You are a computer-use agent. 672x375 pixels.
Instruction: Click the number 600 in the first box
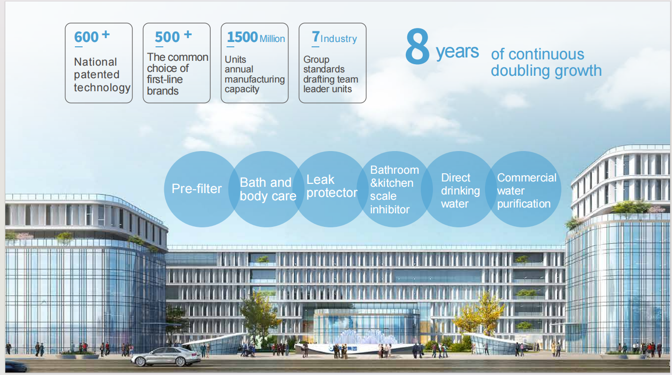[x=86, y=37]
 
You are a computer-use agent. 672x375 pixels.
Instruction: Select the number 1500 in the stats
[x=243, y=37]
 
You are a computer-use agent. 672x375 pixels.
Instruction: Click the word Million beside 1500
[x=272, y=39]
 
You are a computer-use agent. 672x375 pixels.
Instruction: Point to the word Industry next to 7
[x=339, y=39]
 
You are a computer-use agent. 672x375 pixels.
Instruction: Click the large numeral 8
[x=417, y=46]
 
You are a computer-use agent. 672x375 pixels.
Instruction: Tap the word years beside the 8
[x=457, y=52]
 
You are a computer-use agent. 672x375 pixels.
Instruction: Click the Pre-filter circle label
[x=197, y=189]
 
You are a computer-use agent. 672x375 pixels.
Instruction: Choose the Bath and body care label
[x=268, y=189]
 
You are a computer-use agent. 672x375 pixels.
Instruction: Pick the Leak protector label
[x=332, y=186]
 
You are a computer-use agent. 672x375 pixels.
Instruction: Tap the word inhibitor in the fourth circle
[x=390, y=209]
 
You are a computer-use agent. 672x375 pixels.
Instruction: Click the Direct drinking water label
[x=460, y=191]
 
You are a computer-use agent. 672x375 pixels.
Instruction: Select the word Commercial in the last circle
[x=527, y=178]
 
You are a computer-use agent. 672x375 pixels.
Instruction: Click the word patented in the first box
[x=97, y=75]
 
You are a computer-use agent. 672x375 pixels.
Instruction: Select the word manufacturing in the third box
[x=255, y=80]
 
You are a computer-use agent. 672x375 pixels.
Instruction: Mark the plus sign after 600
[x=106, y=34]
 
